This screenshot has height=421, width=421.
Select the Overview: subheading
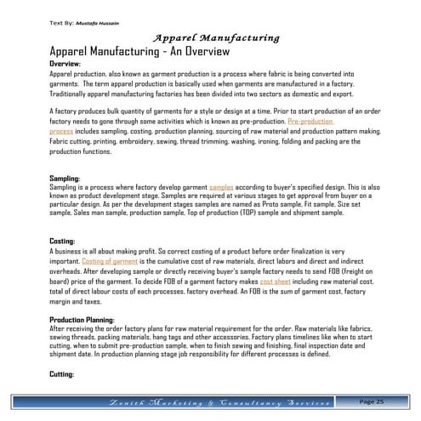pyautogui.click(x=65, y=65)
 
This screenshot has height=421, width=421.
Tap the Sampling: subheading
pyautogui.click(x=65, y=178)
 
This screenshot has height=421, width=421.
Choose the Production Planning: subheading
pyautogui.click(x=87, y=318)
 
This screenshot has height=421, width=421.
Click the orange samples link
pyautogui.click(x=221, y=185)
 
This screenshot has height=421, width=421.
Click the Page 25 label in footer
pyautogui.click(x=373, y=401)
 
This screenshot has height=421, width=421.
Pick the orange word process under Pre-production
pyautogui.click(x=61, y=132)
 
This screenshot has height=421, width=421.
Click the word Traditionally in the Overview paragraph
pyautogui.click(x=72, y=94)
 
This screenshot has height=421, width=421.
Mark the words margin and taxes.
pyautogui.click(x=77, y=300)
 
